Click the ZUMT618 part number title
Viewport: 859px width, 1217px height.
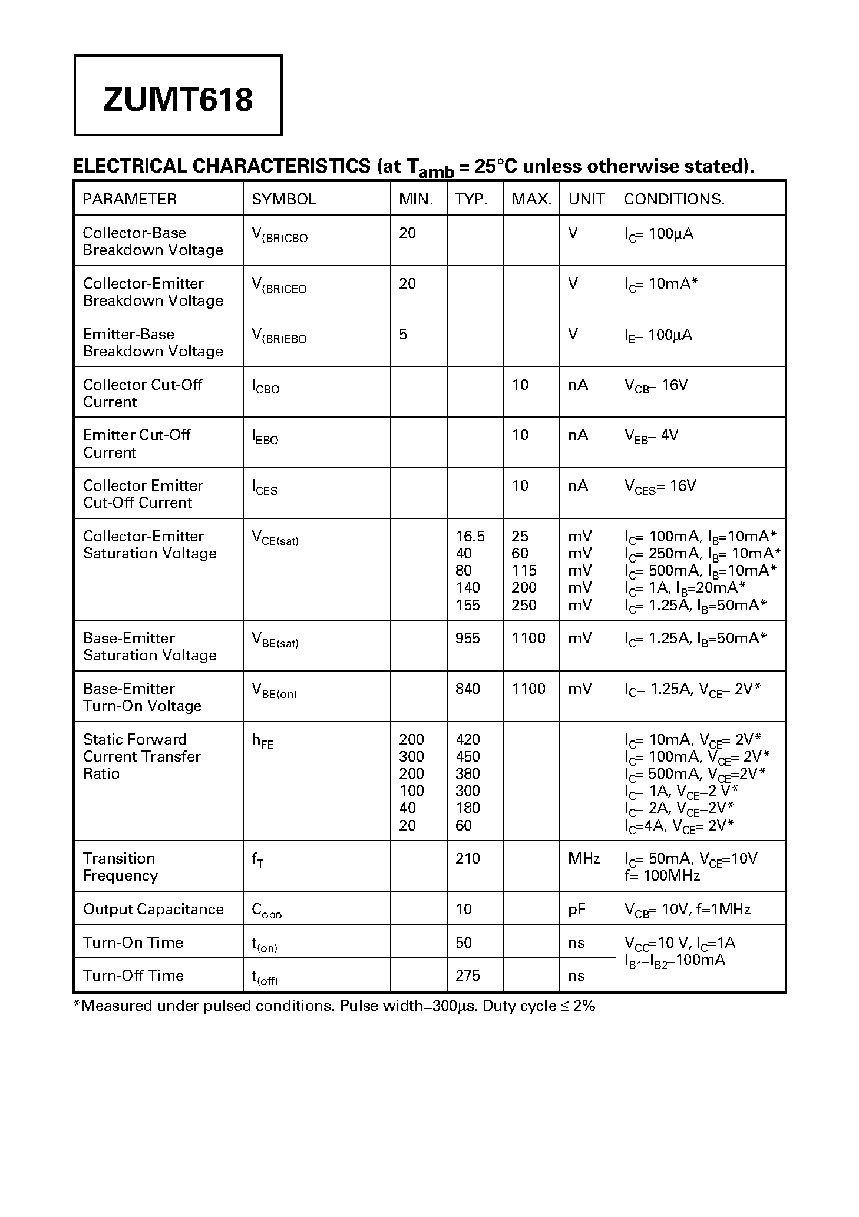(178, 99)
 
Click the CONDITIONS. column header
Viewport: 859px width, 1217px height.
(674, 199)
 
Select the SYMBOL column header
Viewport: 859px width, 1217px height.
(284, 199)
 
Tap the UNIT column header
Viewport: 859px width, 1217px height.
(586, 199)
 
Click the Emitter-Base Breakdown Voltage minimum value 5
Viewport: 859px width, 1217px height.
(403, 335)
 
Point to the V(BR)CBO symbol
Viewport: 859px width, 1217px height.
(279, 235)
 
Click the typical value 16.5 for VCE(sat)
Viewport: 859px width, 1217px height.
(470, 536)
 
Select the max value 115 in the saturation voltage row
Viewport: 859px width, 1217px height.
(524, 570)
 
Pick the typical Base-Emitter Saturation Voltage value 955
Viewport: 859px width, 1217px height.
(467, 638)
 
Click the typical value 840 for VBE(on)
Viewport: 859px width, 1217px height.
(467, 689)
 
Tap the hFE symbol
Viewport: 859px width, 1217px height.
(263, 741)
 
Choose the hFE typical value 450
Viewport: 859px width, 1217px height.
(467, 756)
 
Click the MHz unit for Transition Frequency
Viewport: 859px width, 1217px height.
(583, 858)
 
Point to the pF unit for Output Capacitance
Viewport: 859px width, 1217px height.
(577, 909)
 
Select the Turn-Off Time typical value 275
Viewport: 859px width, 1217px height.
(467, 975)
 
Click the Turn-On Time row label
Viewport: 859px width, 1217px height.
(133, 942)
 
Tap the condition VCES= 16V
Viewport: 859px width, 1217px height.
(660, 487)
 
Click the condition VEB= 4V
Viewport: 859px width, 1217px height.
(651, 436)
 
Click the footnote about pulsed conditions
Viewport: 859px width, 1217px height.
(334, 1006)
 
